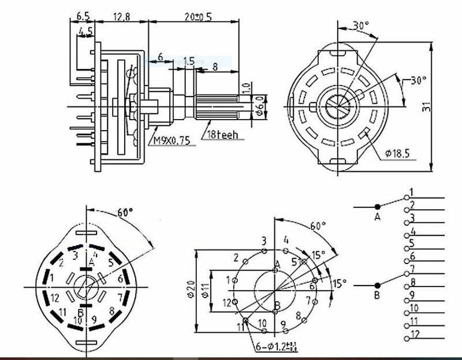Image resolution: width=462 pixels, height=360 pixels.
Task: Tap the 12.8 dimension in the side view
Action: pos(122,17)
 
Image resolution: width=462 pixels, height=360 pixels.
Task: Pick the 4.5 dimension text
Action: pos(85,31)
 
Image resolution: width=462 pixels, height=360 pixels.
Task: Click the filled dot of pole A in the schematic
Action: pos(377,206)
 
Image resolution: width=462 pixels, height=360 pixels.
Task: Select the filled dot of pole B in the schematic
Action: pos(377,285)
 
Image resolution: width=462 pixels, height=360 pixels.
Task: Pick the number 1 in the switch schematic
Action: pos(411,191)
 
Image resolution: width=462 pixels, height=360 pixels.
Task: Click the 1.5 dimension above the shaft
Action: pos(188,60)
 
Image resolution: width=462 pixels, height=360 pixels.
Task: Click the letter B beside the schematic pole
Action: pos(377,296)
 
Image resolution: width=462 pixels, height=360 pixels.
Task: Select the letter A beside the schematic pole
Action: pos(377,217)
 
